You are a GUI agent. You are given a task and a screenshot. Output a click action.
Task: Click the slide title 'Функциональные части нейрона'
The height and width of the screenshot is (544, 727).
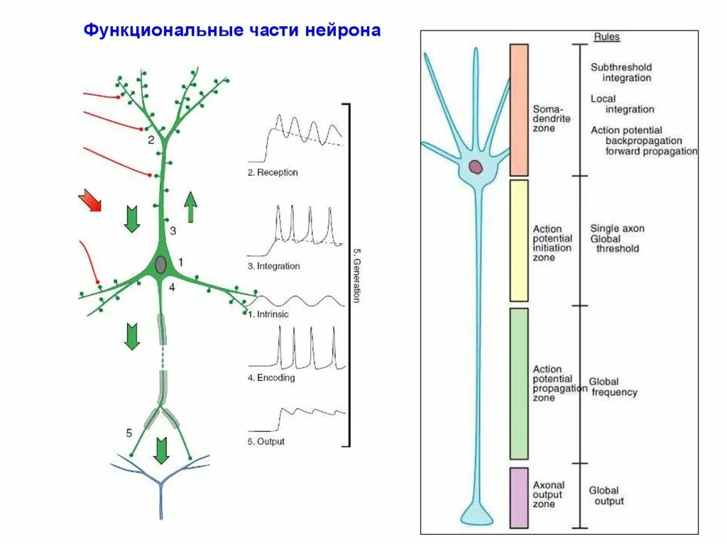[232, 31]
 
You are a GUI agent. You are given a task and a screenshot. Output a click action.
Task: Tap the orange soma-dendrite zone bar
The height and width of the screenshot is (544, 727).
[519, 110]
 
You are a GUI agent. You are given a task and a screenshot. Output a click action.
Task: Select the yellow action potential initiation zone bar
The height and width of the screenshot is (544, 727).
[519, 240]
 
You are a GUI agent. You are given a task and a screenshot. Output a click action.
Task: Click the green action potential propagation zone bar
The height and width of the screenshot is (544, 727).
[519, 383]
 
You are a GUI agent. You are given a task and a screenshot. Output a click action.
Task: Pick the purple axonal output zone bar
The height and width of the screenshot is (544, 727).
[519, 497]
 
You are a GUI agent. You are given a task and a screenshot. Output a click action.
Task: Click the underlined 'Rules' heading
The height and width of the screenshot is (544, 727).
[606, 37]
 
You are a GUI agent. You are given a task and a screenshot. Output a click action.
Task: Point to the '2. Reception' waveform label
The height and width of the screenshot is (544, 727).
[273, 172]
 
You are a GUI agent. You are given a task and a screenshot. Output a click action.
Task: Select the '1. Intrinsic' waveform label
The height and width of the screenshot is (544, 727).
[268, 313]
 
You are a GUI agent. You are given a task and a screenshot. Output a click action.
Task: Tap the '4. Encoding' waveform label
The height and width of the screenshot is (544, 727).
[271, 378]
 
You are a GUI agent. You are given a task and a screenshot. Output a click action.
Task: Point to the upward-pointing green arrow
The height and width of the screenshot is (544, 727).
[190, 209]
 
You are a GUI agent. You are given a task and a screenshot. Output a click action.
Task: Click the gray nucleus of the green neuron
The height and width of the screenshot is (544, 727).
[161, 265]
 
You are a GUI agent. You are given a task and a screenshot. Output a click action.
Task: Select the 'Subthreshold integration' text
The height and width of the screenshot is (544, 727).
[621, 72]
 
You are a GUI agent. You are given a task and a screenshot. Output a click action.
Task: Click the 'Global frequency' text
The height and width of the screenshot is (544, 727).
[613, 387]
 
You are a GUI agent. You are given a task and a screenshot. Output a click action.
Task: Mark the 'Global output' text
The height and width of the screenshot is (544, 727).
[606, 496]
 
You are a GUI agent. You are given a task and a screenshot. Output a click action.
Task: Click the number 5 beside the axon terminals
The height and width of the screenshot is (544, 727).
[129, 432]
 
